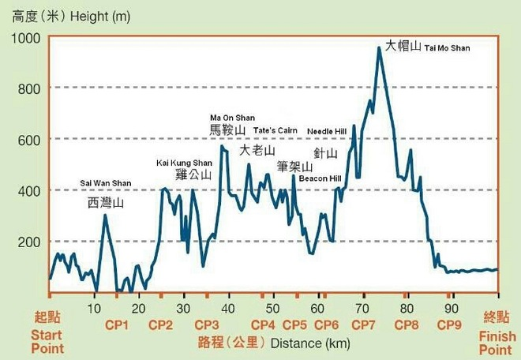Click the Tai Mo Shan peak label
pos(426,47)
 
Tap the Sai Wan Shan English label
pos(106,184)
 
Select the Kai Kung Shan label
pos(185,163)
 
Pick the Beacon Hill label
pos(320,178)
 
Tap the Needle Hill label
pos(326,131)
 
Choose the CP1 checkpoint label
pos(115,324)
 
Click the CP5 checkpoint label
pos(294,324)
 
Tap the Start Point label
pos(47,337)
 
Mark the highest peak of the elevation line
pos(379,47)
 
